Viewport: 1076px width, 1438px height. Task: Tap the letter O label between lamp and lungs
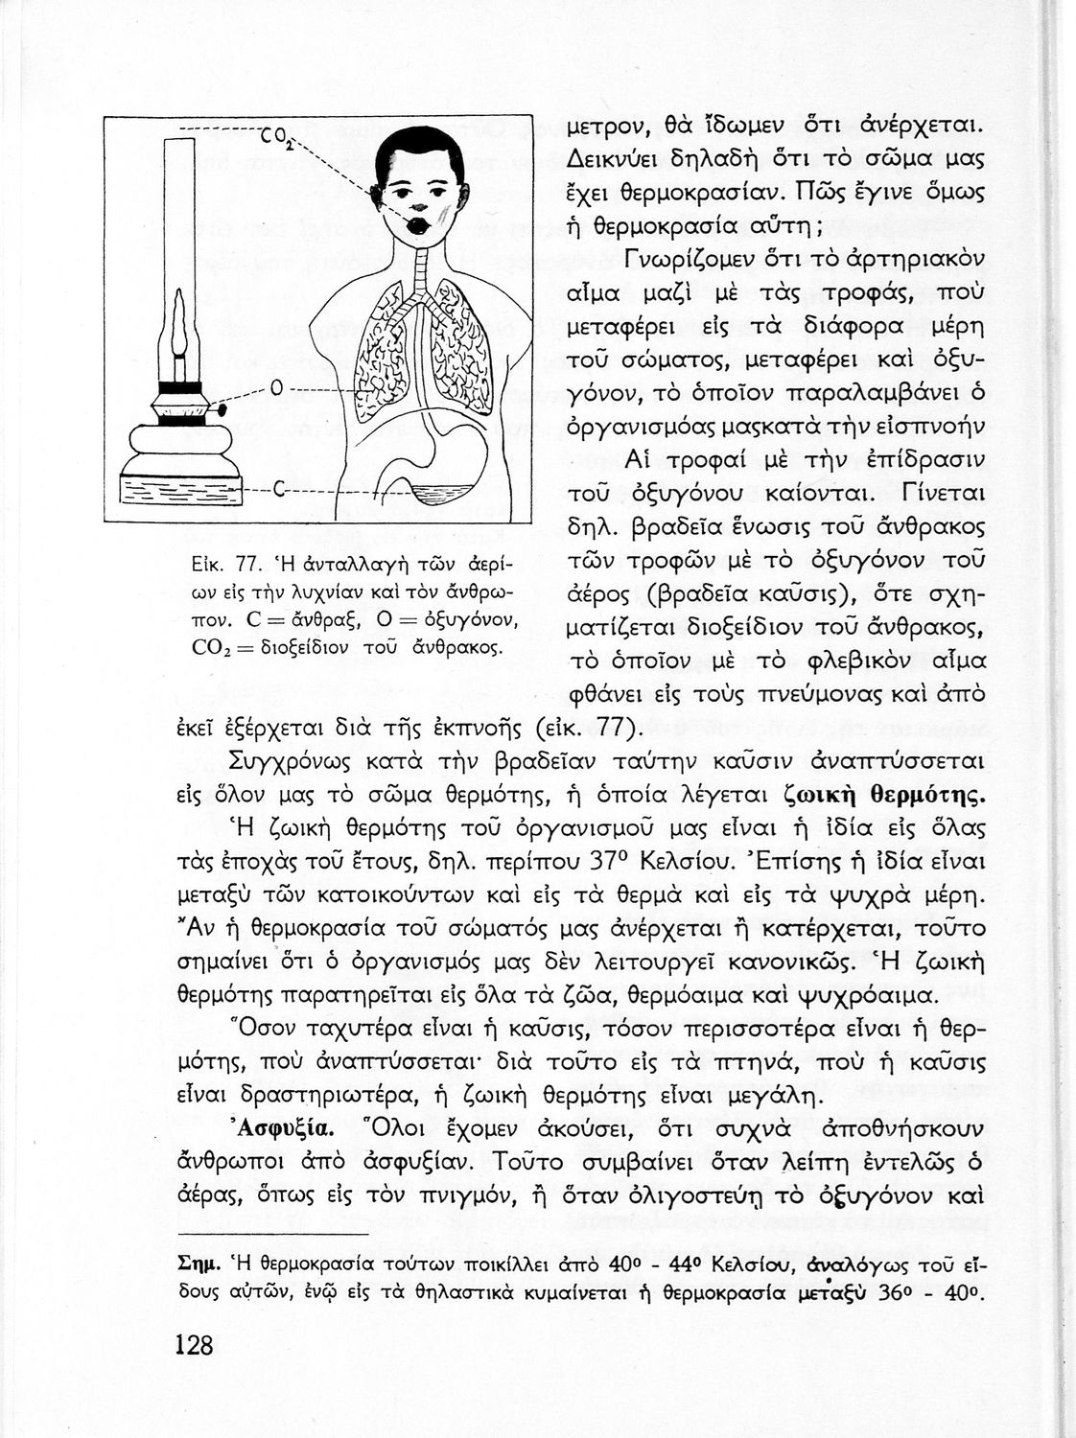[x=275, y=388]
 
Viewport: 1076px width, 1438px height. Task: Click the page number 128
[x=195, y=1344]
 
